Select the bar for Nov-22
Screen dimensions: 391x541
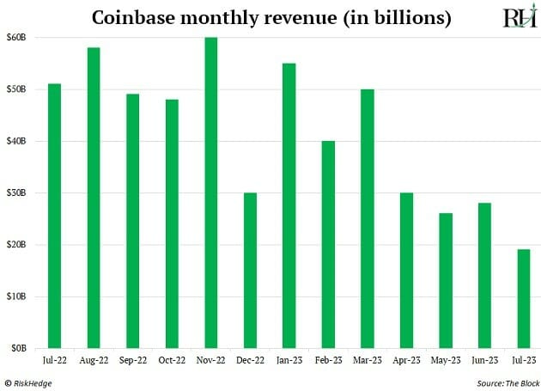coord(210,193)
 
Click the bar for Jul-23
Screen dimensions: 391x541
coord(523,299)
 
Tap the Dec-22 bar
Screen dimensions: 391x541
coord(250,271)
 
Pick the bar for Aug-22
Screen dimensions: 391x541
coord(94,198)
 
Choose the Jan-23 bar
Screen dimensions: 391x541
coord(289,206)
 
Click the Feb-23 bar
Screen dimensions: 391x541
coord(328,245)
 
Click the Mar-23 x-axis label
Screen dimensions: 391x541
coord(367,362)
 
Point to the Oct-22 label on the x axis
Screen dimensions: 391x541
coord(172,362)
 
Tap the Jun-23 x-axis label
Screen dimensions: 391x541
coord(484,362)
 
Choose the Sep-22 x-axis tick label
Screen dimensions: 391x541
coord(132,362)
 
